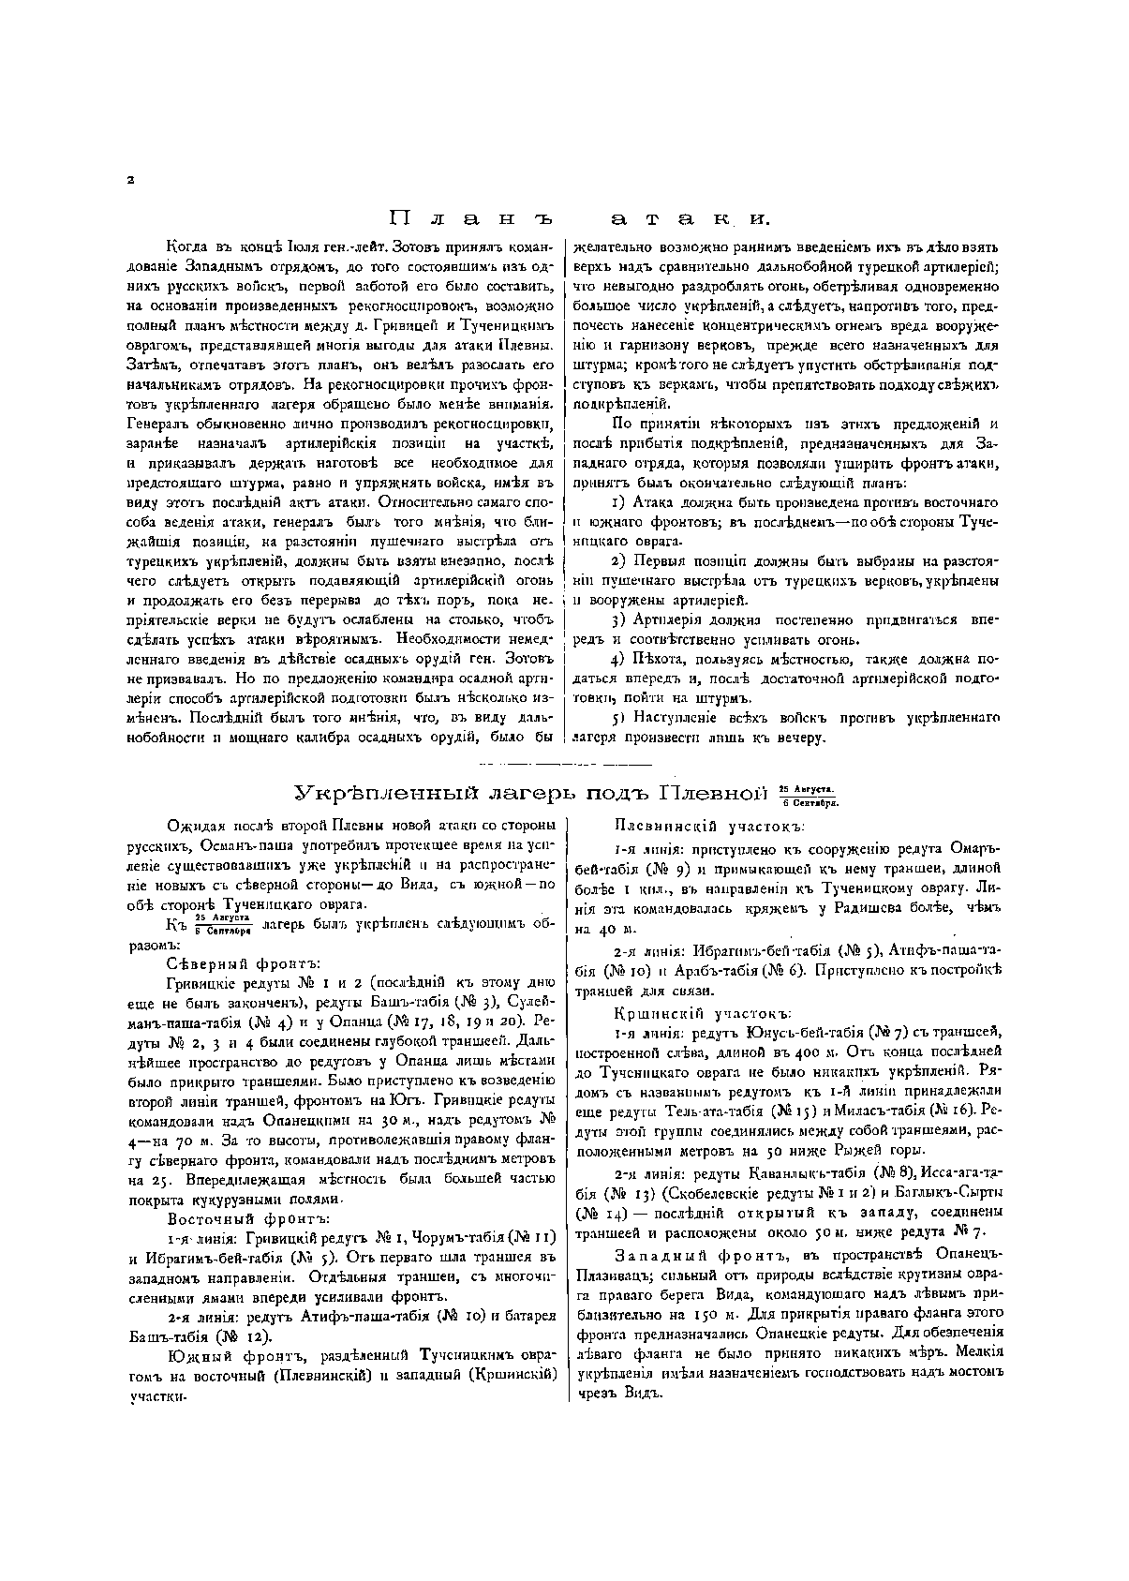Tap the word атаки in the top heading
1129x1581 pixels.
tap(689, 219)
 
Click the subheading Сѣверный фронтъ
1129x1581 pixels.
tap(243, 963)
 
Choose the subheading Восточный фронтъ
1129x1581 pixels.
tap(248, 1218)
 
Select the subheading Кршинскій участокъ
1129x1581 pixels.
tap(703, 1013)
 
